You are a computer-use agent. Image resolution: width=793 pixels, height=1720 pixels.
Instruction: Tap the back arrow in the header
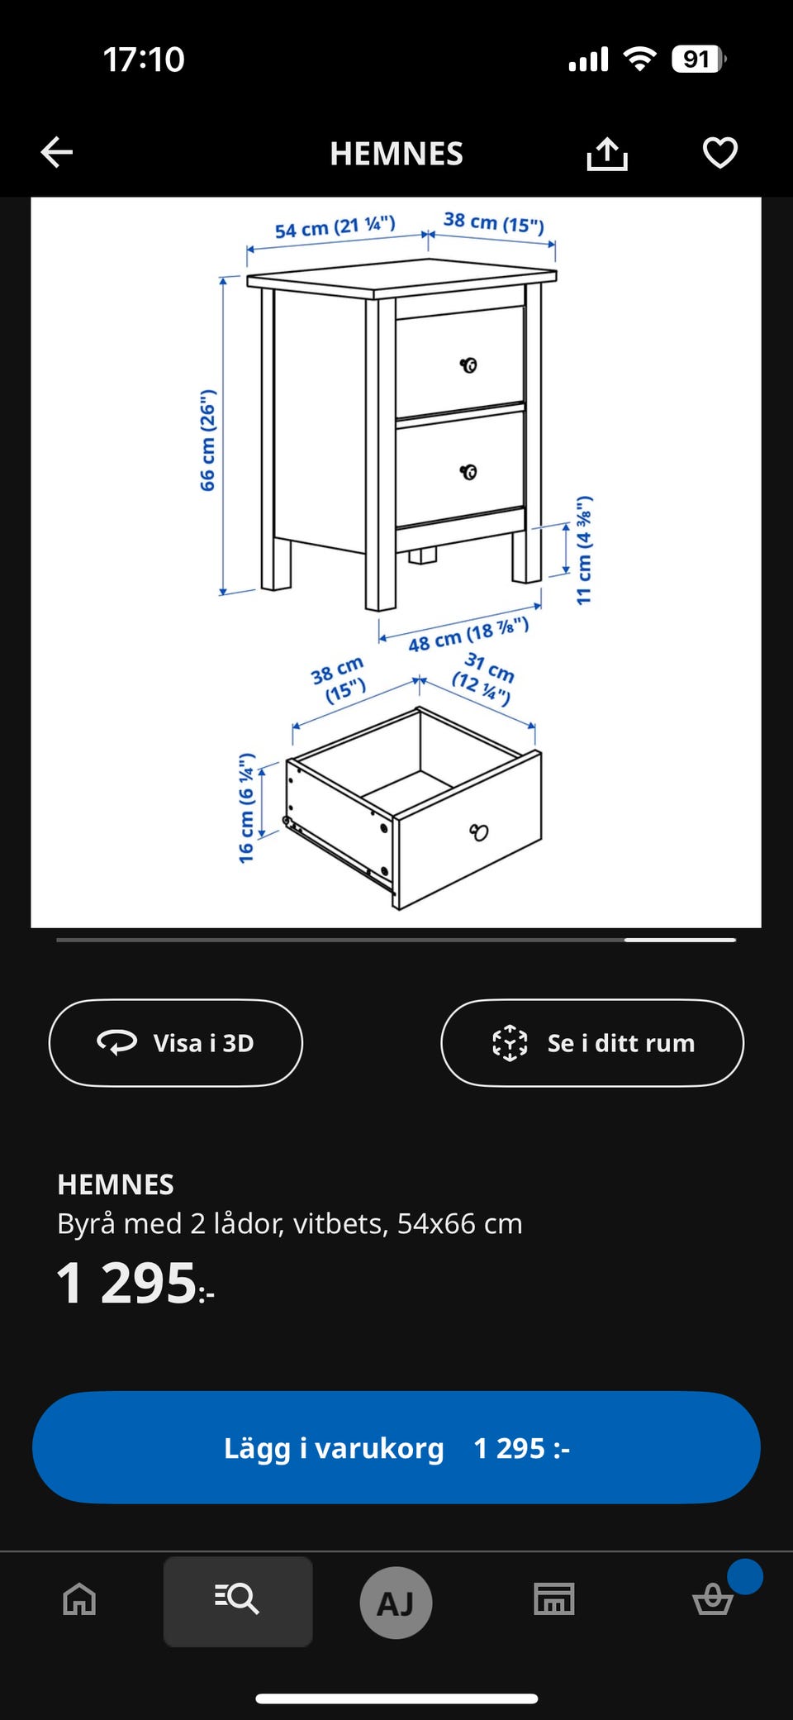tap(57, 152)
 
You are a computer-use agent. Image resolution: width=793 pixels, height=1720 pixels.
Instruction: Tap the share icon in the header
tap(607, 153)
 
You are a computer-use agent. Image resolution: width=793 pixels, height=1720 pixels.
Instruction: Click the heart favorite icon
tap(719, 152)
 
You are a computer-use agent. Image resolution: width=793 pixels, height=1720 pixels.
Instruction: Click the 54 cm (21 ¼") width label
tap(335, 227)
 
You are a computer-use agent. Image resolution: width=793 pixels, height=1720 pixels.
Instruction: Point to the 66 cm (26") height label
tap(207, 440)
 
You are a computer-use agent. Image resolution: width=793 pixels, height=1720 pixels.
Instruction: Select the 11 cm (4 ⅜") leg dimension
tap(584, 550)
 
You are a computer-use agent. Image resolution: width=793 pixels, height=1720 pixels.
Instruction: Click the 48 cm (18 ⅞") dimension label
tap(468, 634)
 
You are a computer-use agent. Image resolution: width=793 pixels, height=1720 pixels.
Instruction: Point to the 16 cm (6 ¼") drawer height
tap(246, 808)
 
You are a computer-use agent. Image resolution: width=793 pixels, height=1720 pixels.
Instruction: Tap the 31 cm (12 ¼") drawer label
tap(483, 678)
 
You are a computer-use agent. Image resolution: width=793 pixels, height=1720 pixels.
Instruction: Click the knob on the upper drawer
tap(468, 365)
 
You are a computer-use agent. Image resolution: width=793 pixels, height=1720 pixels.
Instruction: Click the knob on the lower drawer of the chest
tap(468, 472)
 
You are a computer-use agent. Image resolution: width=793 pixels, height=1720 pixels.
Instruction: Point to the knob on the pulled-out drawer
tap(479, 831)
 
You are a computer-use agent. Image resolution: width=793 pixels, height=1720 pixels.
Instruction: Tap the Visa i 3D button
tap(176, 1042)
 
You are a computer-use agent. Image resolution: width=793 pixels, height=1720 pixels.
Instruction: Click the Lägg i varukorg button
tap(396, 1447)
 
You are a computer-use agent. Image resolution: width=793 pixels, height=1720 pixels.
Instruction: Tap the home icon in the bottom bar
tap(79, 1599)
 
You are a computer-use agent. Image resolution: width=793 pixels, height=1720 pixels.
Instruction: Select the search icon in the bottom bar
tap(237, 1599)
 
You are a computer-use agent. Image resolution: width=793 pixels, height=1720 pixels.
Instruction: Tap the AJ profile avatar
tap(396, 1603)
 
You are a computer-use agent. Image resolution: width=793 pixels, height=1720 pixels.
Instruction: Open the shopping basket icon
tap(712, 1599)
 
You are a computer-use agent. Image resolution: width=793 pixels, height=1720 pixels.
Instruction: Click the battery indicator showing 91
tap(699, 60)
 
